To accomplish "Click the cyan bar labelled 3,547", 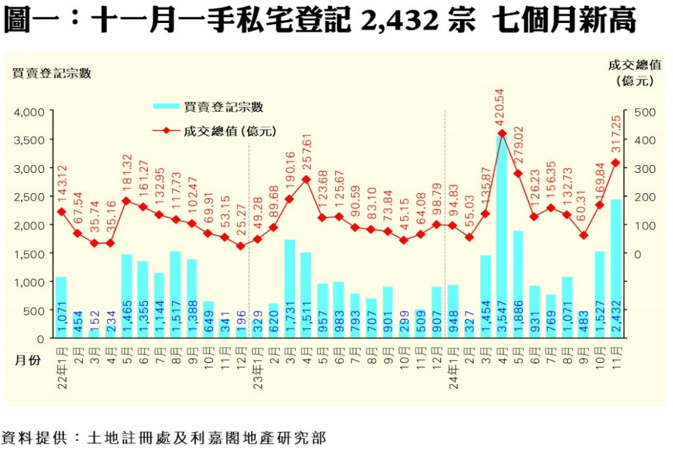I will [501, 237].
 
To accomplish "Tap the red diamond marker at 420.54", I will [501, 133].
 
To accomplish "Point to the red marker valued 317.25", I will [616, 162].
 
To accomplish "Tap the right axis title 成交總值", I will [634, 64].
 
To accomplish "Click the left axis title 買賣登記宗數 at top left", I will [51, 74].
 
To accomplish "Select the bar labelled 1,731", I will [289, 289].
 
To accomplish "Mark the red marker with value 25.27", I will [241, 246].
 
